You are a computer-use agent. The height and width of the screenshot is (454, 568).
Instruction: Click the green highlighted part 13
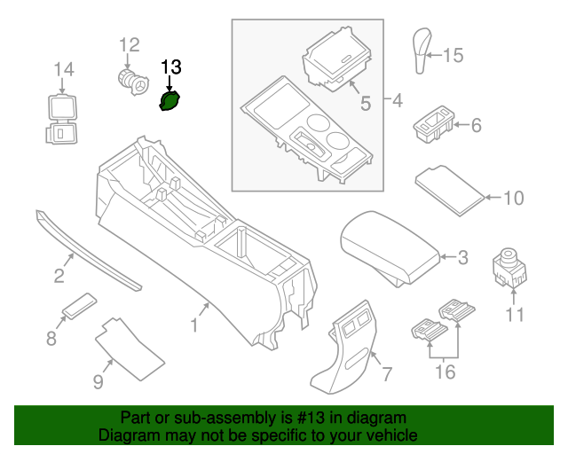(170, 102)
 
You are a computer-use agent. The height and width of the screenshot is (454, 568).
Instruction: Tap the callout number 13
(170, 67)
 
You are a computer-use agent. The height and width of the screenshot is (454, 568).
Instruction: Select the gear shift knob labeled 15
(422, 53)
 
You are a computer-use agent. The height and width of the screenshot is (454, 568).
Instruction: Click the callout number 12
(130, 44)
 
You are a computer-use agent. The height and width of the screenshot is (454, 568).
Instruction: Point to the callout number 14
(63, 69)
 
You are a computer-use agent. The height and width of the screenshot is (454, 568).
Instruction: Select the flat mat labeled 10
(450, 186)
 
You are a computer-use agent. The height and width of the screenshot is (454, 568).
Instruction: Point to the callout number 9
(98, 382)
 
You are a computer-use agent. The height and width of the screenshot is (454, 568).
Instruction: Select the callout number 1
(193, 325)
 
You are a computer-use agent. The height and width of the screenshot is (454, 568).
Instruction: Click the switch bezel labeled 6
(434, 125)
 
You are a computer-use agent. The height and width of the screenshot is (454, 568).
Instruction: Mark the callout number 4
(396, 100)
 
